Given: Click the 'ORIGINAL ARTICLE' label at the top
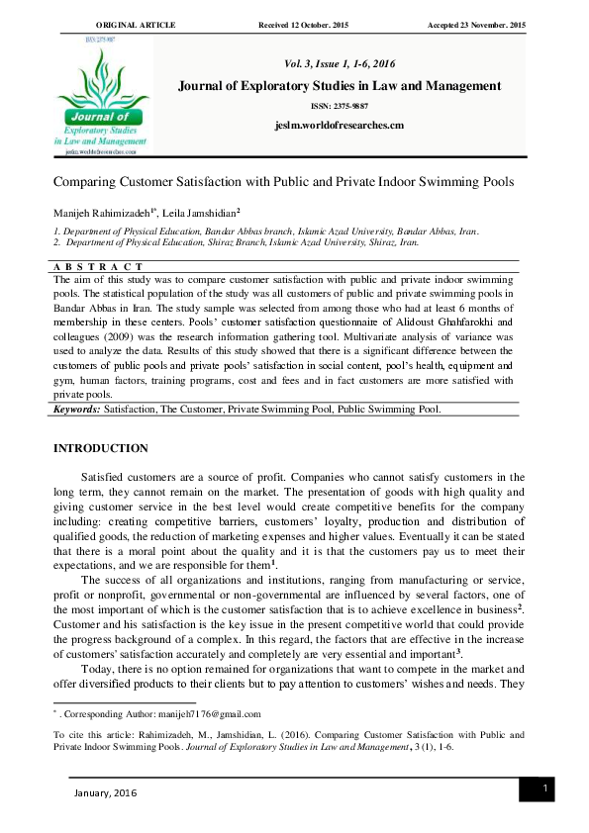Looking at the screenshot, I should tap(136, 24).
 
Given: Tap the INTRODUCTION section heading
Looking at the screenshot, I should tap(100, 448).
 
